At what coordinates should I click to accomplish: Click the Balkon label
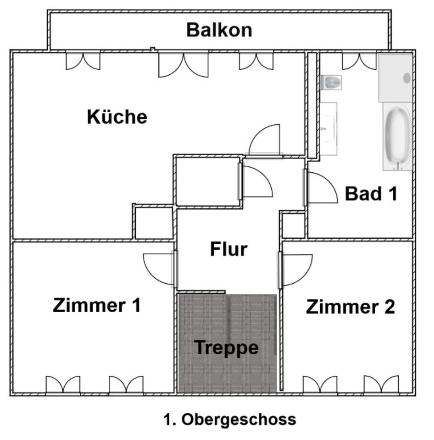(219, 30)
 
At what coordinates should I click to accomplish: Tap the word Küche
(117, 117)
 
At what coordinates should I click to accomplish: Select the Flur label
(228, 250)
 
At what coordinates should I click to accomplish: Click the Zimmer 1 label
(96, 305)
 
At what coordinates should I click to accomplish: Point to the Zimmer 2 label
(350, 307)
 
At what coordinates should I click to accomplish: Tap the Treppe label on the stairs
(227, 348)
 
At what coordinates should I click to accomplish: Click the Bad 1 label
(371, 194)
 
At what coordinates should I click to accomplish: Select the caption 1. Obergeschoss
(229, 419)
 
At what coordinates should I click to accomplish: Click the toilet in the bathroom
(331, 82)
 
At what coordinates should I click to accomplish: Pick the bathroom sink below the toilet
(328, 128)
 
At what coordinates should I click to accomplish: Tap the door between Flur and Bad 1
(321, 188)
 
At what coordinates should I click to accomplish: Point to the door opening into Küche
(265, 140)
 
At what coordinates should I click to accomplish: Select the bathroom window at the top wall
(359, 61)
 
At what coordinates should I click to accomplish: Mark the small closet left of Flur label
(154, 223)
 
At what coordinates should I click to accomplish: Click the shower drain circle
(406, 78)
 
